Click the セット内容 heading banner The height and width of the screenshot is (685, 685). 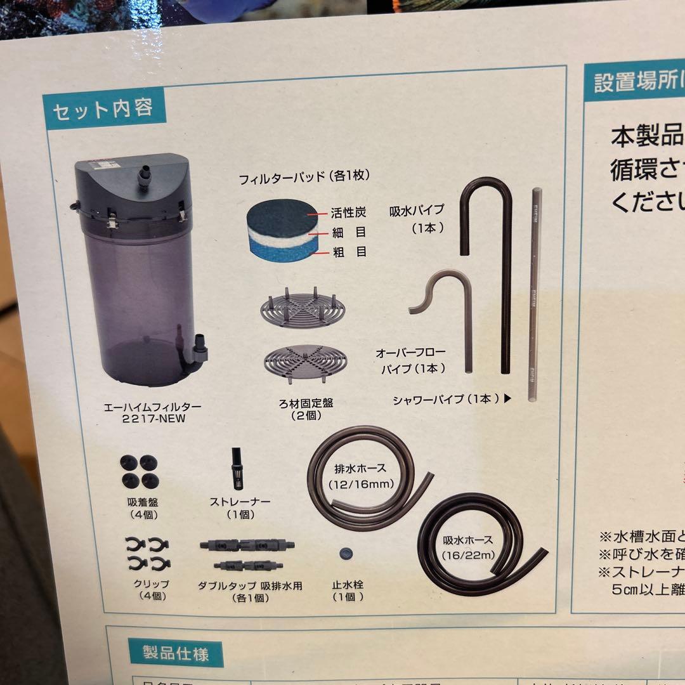(x=103, y=110)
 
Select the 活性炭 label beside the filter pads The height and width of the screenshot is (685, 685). (x=348, y=214)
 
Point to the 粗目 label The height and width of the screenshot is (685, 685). (x=349, y=252)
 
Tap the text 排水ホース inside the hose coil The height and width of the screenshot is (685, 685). (x=361, y=470)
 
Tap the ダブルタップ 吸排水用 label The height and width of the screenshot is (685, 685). (x=250, y=586)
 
